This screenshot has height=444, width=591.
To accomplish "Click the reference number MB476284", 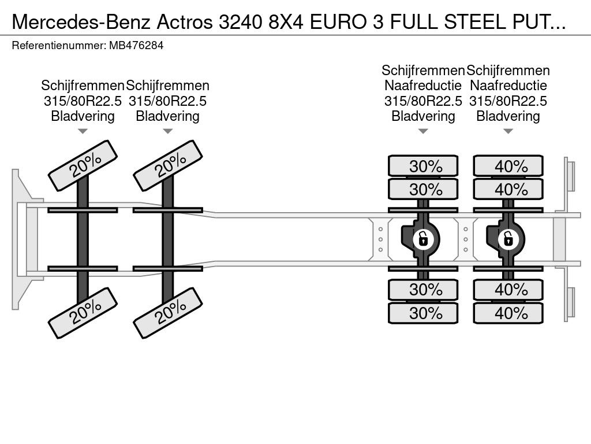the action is (x=136, y=46).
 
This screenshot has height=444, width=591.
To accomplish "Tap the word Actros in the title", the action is (x=184, y=22).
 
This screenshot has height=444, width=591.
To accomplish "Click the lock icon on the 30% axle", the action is (x=423, y=239).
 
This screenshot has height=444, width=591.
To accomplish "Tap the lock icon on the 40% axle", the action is (x=508, y=239).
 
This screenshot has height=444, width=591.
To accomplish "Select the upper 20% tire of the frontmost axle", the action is (x=83, y=166).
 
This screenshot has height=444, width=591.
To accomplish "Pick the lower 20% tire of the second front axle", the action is (x=168, y=313).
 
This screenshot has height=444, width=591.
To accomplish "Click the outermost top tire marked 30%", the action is (x=423, y=166).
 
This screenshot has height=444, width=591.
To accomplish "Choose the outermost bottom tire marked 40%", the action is (x=508, y=313).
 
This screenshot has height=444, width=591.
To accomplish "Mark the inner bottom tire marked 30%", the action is (x=423, y=290).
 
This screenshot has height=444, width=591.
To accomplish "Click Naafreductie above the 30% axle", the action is (x=423, y=86).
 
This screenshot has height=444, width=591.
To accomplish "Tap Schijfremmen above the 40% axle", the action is (x=508, y=71).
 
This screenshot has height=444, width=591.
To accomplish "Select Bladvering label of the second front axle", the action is (x=168, y=116).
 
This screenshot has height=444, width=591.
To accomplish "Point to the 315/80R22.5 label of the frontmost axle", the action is (x=83, y=101).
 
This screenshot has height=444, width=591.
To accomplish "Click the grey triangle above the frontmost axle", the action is (x=83, y=131).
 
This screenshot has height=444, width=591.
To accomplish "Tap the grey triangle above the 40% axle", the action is (x=508, y=131).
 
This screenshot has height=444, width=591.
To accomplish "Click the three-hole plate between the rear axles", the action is (x=466, y=239).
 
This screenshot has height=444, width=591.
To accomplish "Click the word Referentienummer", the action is (x=58, y=46).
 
